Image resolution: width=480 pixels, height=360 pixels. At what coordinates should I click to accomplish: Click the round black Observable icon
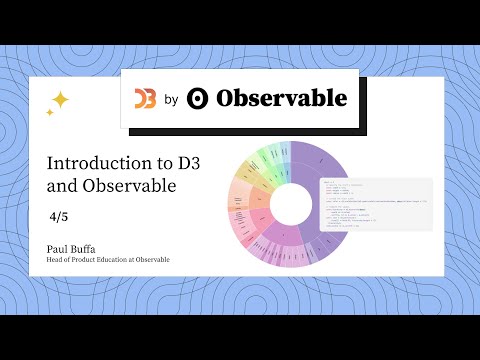[x=198, y=98]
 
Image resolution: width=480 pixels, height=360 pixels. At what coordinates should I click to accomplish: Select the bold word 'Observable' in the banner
[x=281, y=98]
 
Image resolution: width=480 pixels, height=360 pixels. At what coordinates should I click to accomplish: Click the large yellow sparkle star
[x=59, y=99]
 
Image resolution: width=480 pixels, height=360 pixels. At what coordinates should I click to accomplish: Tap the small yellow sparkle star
[x=49, y=113]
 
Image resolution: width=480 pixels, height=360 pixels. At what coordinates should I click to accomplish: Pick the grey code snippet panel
[x=374, y=205]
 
